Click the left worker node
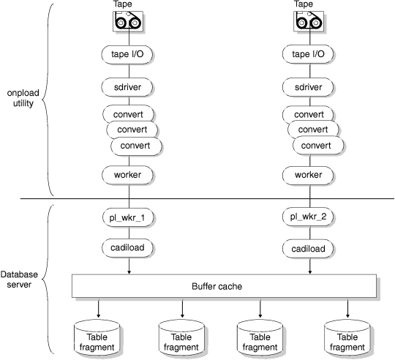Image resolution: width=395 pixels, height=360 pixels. (x=129, y=176)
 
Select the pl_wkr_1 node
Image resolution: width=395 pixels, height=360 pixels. (x=129, y=217)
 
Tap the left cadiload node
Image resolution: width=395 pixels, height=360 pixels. (x=129, y=248)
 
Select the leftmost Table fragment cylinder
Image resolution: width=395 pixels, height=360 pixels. (x=97, y=337)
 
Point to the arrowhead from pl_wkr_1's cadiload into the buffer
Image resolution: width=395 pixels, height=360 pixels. (x=129, y=271)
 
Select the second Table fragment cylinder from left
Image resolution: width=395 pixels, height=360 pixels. (x=180, y=337)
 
